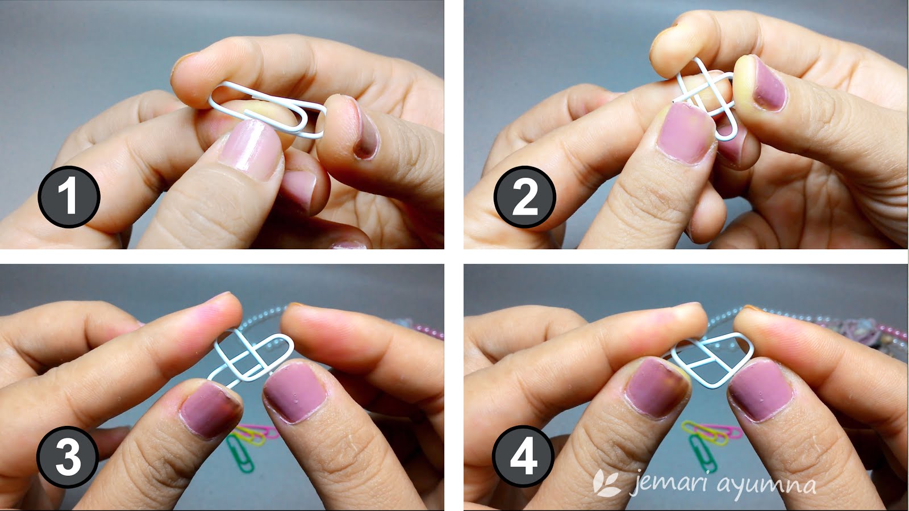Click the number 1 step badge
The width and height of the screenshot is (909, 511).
tap(69, 196)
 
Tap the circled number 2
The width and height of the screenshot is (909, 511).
tap(524, 196)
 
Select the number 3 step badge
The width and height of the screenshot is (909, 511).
tap(68, 458)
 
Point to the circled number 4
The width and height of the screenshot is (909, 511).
tap(523, 458)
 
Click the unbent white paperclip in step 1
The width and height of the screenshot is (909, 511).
tap(267, 109)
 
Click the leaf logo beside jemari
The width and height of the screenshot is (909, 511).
tap(607, 483)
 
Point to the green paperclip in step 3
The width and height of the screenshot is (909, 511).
tap(241, 454)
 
